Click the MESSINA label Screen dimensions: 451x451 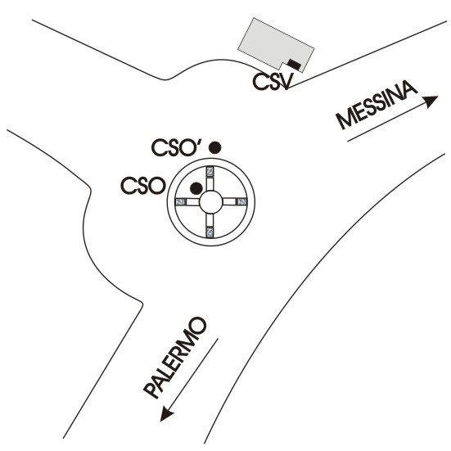click(377, 104)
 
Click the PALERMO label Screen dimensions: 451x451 click(175, 358)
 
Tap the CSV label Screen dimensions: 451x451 click(273, 81)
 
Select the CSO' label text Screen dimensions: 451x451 click(177, 147)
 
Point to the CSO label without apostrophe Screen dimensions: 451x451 click(143, 186)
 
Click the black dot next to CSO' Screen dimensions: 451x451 click(214, 147)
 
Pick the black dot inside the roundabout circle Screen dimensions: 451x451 click(196, 188)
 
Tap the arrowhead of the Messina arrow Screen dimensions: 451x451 click(431, 101)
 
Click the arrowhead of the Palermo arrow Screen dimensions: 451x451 click(166, 414)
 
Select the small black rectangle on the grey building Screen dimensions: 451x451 click(294, 65)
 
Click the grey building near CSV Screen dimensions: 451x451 click(276, 43)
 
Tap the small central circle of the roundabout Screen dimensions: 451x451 click(210, 202)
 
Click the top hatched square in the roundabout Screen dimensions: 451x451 click(210, 172)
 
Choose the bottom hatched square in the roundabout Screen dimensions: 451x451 click(210, 232)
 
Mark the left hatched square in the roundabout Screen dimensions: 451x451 click(181, 202)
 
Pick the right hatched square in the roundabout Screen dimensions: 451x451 click(241, 201)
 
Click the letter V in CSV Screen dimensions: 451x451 click(287, 81)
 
